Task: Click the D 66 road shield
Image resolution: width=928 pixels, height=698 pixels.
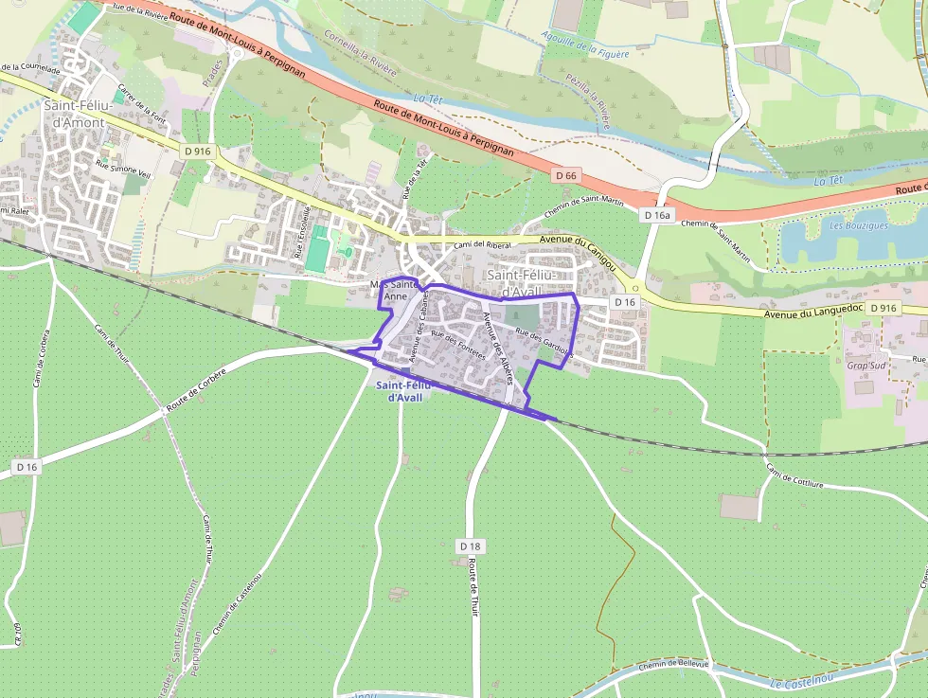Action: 565,175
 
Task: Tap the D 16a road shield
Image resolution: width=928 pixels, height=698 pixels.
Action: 656,215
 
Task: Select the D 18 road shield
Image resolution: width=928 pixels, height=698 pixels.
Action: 471,546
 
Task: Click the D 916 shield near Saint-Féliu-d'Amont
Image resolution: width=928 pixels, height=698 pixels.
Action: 198,151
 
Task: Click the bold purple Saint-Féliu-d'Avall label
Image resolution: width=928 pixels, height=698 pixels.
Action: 403,391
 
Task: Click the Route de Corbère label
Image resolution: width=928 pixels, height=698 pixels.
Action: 196,389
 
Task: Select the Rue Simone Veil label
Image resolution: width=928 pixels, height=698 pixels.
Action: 123,170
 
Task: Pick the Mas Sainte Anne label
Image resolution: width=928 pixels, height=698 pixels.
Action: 394,290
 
